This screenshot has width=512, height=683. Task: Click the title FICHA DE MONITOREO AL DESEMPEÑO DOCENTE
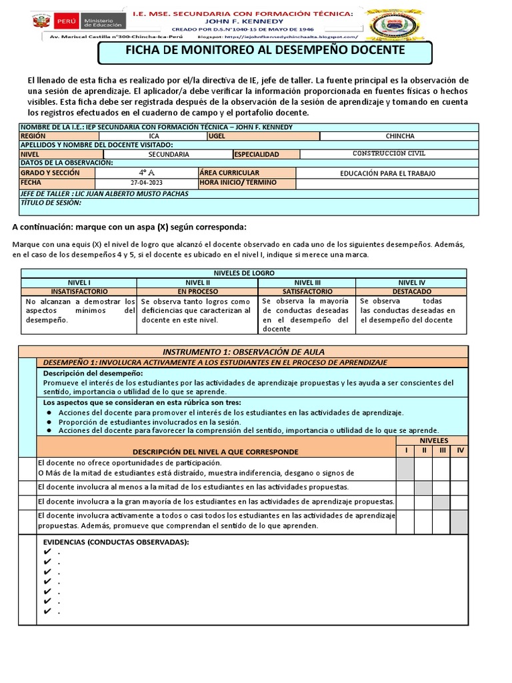(265, 51)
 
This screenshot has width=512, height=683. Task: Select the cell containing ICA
(154, 136)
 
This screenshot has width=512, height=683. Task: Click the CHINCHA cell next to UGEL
(399, 136)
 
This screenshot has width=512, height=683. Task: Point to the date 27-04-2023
(146, 182)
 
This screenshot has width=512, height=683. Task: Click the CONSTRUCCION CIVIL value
(389, 154)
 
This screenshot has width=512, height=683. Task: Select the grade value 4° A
(146, 172)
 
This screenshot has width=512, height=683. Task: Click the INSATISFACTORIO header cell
(79, 291)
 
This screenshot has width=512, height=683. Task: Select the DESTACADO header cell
(406, 291)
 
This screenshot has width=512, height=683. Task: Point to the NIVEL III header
(307, 283)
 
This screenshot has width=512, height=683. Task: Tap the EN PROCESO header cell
(197, 291)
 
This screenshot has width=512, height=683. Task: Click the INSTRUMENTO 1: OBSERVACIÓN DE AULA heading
(244, 352)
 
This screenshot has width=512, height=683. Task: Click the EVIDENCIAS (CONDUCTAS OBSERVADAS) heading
(116, 542)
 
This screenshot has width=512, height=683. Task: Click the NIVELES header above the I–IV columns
(433, 441)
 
